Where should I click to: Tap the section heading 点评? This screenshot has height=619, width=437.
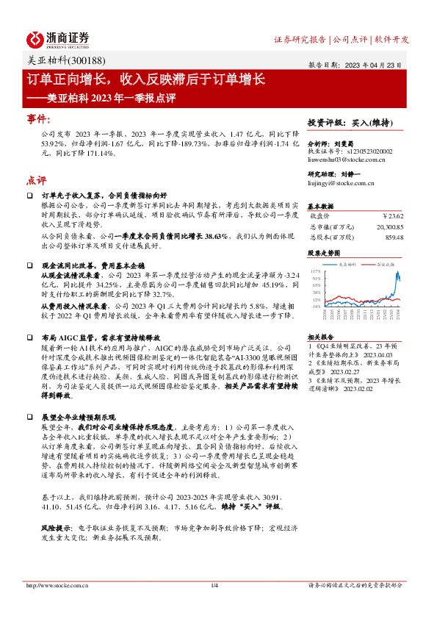(x=36, y=179)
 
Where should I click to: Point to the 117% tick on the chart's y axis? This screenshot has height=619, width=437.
(x=317, y=271)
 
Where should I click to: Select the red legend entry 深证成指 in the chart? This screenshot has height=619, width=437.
(x=383, y=262)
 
